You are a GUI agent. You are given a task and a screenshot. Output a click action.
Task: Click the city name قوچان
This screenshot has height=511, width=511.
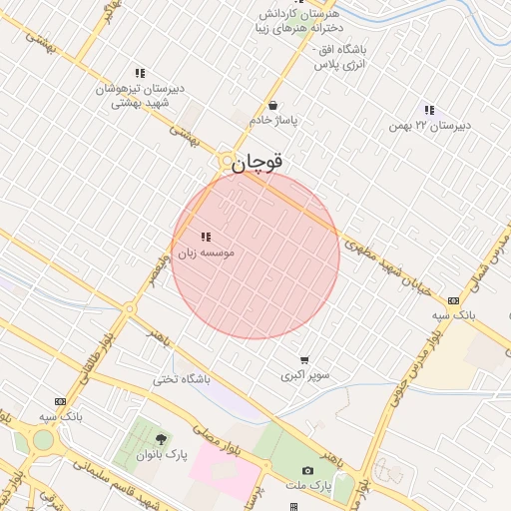[x=258, y=162]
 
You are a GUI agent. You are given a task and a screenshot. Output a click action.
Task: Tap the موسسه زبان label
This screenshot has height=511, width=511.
[x=207, y=255]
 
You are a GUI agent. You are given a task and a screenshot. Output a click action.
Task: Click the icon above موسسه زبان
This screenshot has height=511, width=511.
[x=206, y=238]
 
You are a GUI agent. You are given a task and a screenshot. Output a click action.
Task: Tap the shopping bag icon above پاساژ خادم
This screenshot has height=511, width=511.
[x=273, y=105]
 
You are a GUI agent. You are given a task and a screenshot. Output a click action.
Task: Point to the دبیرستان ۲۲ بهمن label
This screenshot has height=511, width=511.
[x=428, y=126]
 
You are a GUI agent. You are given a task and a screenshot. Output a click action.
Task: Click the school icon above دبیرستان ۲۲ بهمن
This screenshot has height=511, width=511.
[x=429, y=110]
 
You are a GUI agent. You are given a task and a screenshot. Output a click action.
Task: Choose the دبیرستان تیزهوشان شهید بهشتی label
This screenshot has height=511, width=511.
[x=140, y=94]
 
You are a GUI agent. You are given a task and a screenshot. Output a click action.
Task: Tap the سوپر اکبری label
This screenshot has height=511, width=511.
[x=303, y=375]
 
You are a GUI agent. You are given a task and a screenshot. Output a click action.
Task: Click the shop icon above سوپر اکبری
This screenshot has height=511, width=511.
[x=303, y=360]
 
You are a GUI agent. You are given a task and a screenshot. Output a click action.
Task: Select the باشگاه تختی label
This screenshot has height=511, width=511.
[x=182, y=379]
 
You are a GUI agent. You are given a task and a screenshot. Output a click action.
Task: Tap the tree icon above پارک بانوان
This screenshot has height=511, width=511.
[x=162, y=440]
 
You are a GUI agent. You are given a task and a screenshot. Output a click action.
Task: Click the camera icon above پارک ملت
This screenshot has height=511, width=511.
[x=307, y=471]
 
